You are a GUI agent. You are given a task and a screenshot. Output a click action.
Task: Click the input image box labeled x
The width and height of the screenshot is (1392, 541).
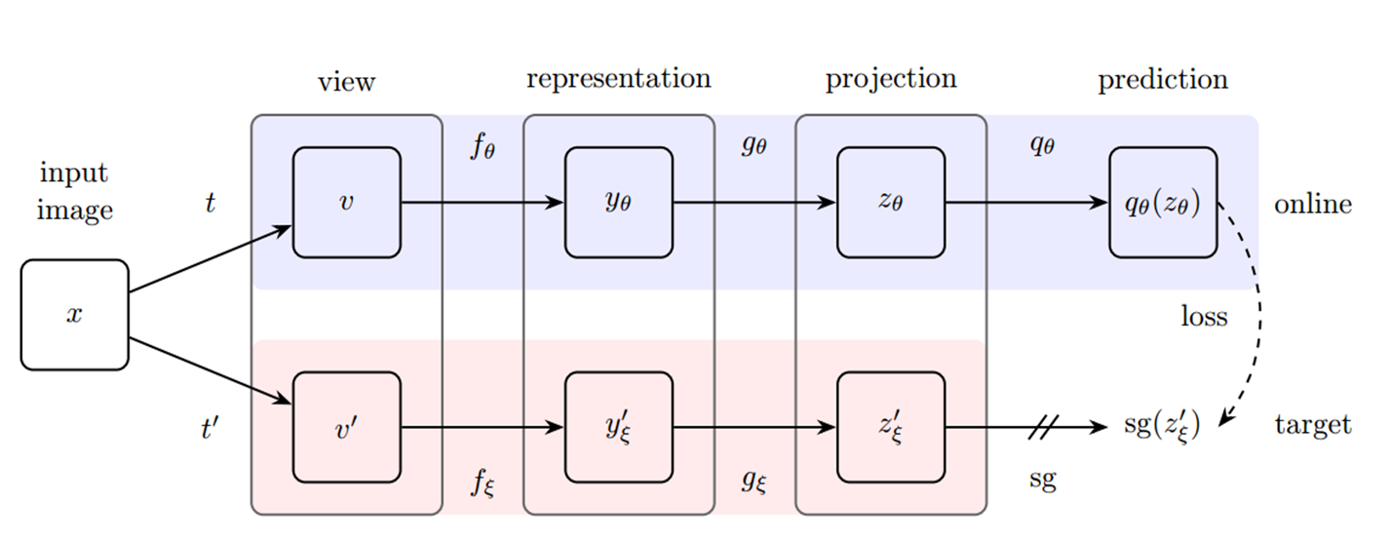74,315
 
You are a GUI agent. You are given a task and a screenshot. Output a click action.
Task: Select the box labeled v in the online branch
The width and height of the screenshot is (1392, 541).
346,203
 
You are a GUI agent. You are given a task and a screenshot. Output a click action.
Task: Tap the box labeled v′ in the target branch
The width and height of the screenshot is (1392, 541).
346,427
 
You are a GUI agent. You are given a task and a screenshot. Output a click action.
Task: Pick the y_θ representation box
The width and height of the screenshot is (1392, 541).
618,203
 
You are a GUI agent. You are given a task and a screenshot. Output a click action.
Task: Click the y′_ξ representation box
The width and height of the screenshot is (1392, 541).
618,427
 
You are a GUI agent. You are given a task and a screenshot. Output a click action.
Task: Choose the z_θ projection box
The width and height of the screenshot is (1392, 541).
890,203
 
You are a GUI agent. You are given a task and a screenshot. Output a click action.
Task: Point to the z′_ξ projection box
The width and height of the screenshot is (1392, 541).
890,427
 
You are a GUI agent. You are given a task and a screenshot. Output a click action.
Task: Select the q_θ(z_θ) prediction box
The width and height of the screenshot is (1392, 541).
1162,203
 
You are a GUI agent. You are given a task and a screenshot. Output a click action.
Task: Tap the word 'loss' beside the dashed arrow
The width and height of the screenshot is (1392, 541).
1204,317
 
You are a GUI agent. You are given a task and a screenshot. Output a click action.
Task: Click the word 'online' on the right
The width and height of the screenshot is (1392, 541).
1312,205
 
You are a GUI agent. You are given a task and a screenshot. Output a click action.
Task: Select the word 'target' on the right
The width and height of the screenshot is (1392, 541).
1312,426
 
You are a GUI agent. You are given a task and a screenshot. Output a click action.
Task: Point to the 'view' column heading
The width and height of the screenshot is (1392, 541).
346,82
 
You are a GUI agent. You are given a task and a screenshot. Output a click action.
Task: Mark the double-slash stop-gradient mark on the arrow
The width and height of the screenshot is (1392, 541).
1042,427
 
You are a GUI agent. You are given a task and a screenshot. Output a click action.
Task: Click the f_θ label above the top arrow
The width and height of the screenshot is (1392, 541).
483,148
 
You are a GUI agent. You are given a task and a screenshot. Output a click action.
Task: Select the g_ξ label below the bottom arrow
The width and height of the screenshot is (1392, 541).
754,481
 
